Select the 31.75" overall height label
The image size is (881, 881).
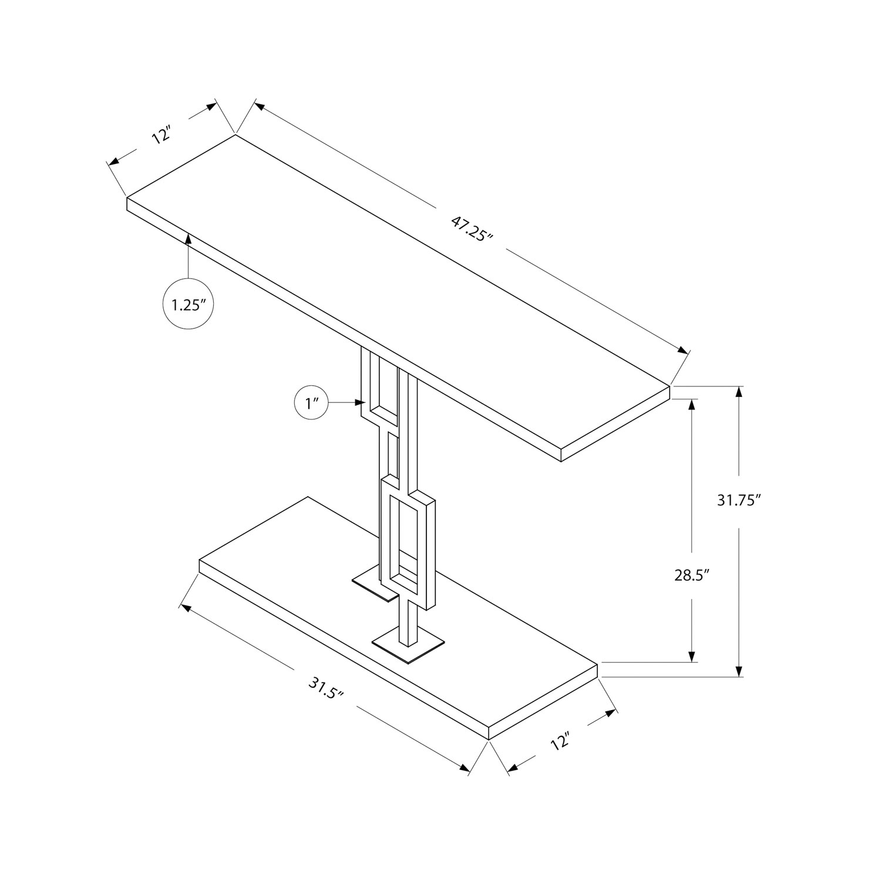(x=739, y=500)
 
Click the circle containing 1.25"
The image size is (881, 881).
(x=188, y=305)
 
